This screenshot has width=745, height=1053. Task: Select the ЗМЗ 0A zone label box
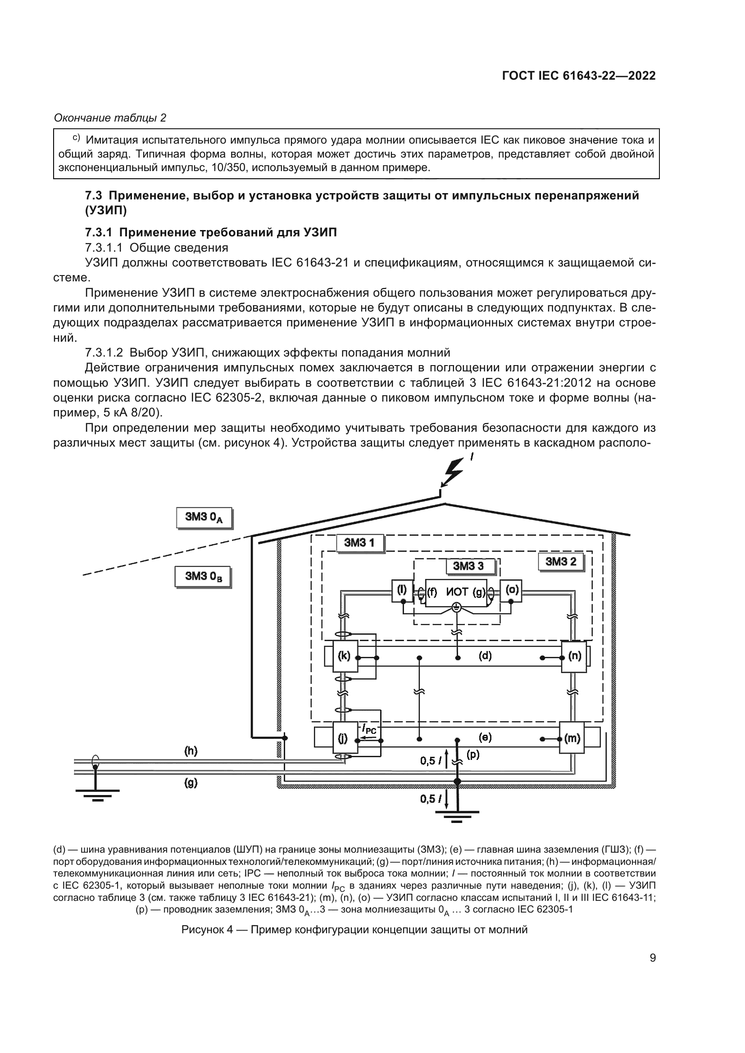(204, 517)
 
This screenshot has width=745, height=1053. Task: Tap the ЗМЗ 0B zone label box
(203, 577)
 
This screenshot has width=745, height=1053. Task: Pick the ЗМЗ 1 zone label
(359, 543)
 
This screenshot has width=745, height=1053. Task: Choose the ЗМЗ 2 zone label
(561, 561)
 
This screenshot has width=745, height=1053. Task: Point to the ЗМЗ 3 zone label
(468, 566)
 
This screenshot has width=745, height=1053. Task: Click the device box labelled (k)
(344, 656)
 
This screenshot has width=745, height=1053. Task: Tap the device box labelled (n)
(574, 656)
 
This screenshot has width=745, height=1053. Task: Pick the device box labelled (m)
(572, 738)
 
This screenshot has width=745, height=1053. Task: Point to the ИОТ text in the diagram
(457, 592)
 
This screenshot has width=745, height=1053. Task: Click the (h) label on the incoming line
(191, 751)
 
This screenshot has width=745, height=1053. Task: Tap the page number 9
(652, 958)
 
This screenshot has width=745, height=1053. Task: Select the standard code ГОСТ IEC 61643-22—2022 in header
(578, 76)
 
